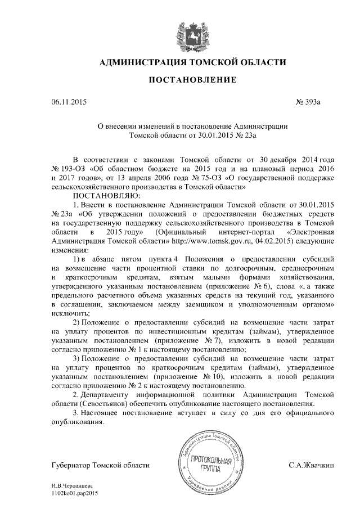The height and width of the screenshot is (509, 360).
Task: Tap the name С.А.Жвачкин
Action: point(312,465)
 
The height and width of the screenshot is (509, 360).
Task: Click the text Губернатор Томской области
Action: point(100,465)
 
